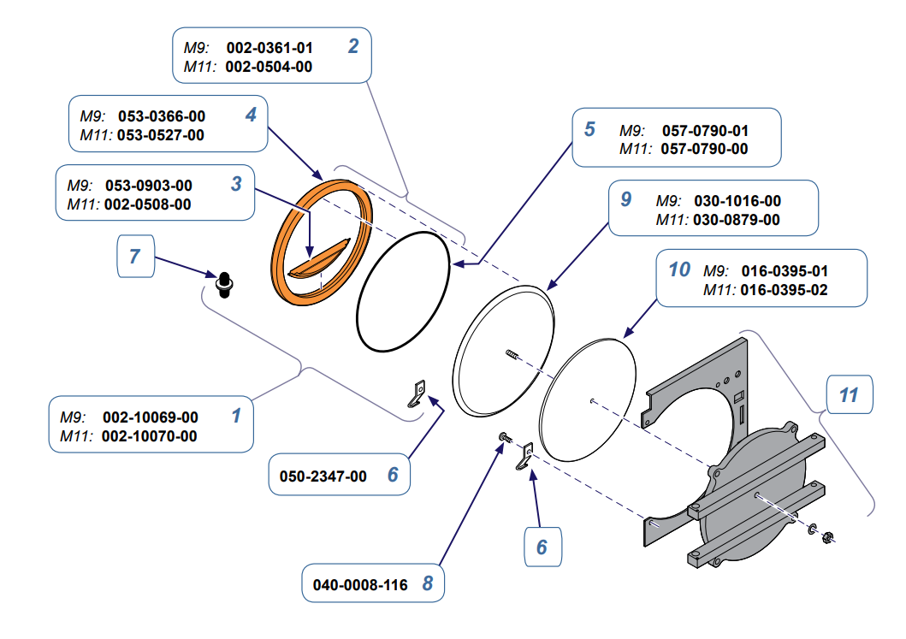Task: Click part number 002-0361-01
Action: tap(269, 48)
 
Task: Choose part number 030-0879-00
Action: tap(737, 220)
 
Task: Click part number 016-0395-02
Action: tap(785, 290)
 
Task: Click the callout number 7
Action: tap(134, 257)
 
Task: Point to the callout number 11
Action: tap(848, 395)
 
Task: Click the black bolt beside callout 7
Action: tap(225, 283)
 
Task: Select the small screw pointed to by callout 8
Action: tap(506, 438)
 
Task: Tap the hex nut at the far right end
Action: tap(827, 538)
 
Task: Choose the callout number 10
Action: tap(679, 269)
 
